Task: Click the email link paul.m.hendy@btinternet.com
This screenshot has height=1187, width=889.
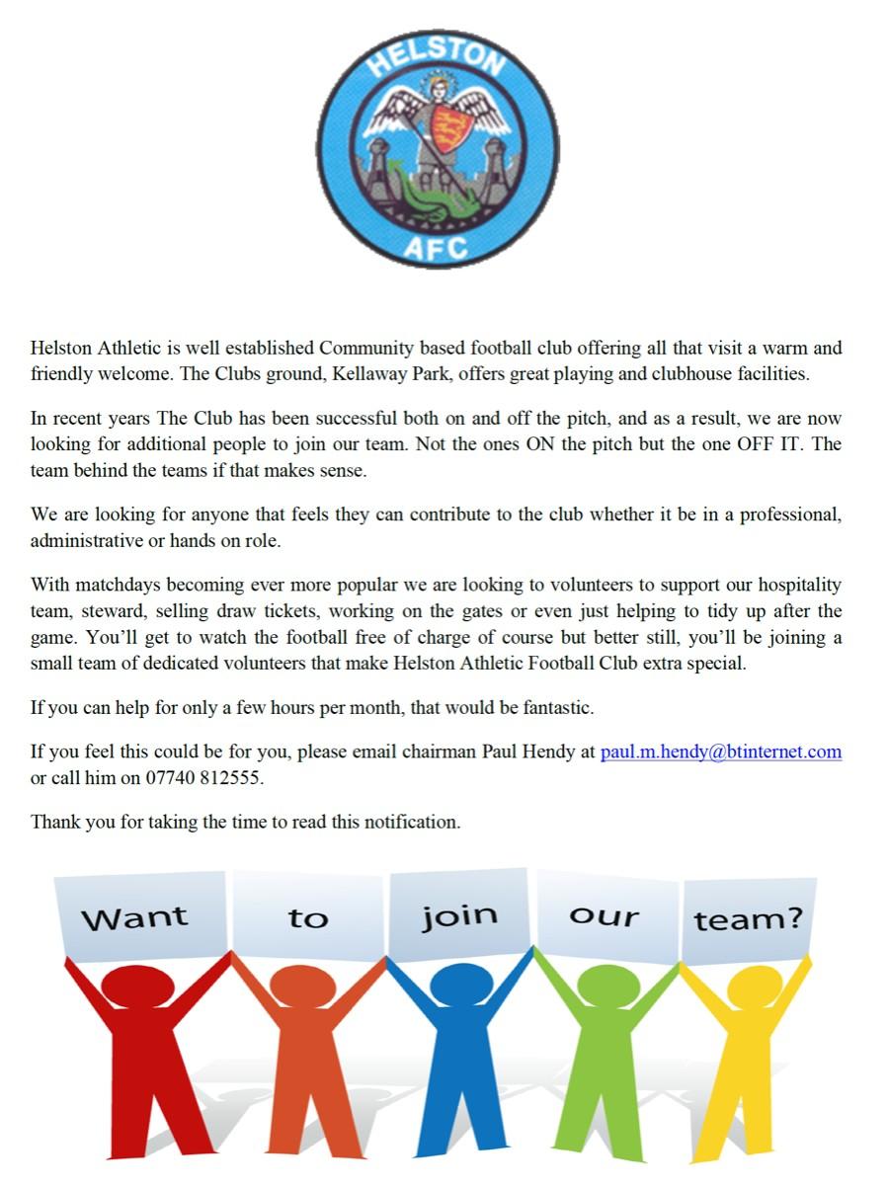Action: [721, 752]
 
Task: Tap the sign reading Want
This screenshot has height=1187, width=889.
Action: [134, 917]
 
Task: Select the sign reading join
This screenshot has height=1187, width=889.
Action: [459, 915]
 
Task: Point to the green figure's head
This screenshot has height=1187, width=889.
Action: [605, 984]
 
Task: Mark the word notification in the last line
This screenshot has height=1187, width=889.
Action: [410, 822]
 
